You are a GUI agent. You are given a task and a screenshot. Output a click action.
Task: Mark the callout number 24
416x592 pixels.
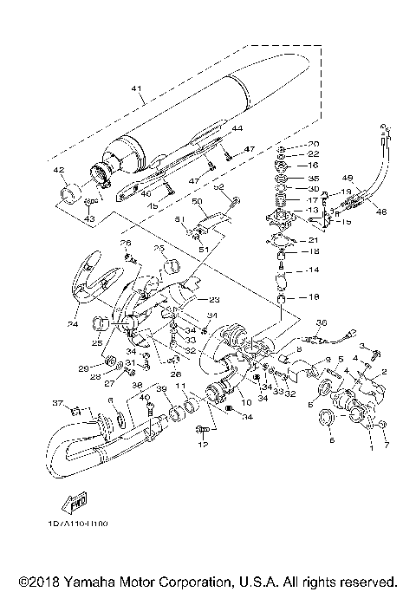74,325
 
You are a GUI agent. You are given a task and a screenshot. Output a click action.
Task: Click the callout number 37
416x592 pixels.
58,404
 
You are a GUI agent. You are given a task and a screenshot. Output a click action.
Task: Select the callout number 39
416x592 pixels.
160,389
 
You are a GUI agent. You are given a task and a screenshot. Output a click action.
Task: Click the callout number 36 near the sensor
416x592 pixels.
321,323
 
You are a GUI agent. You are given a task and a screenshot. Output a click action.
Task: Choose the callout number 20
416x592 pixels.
314,143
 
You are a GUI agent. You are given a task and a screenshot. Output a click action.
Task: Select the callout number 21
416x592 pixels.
314,240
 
